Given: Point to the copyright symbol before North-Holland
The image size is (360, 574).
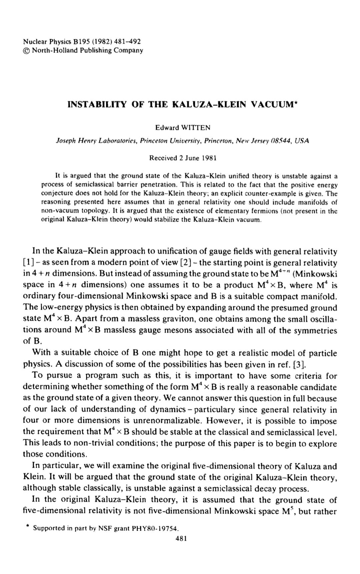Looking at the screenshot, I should pos(26,50).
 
